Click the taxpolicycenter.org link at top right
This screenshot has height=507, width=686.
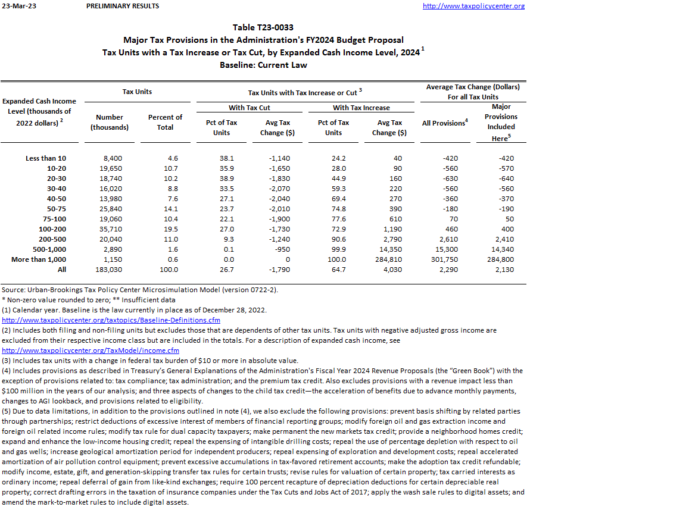pos(473,6)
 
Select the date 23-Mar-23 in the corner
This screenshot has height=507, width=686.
pos(15,6)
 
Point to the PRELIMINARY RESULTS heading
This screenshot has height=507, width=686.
pos(123,6)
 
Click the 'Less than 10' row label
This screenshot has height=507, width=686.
pos(46,158)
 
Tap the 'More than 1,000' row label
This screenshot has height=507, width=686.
pos(39,259)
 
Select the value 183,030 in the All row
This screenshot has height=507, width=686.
pos(110,270)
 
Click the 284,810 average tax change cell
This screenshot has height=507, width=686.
pos(389,259)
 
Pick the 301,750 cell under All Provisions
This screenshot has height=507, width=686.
pos(442,259)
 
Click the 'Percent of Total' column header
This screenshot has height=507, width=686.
pos(165,122)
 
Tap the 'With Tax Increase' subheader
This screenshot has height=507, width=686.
pos(361,108)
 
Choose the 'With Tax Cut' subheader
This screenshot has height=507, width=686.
pos(250,108)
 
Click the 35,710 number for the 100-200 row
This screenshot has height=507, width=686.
pos(110,229)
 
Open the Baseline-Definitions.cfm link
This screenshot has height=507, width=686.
pos(111,320)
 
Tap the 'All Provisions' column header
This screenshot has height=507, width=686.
pos(444,123)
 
